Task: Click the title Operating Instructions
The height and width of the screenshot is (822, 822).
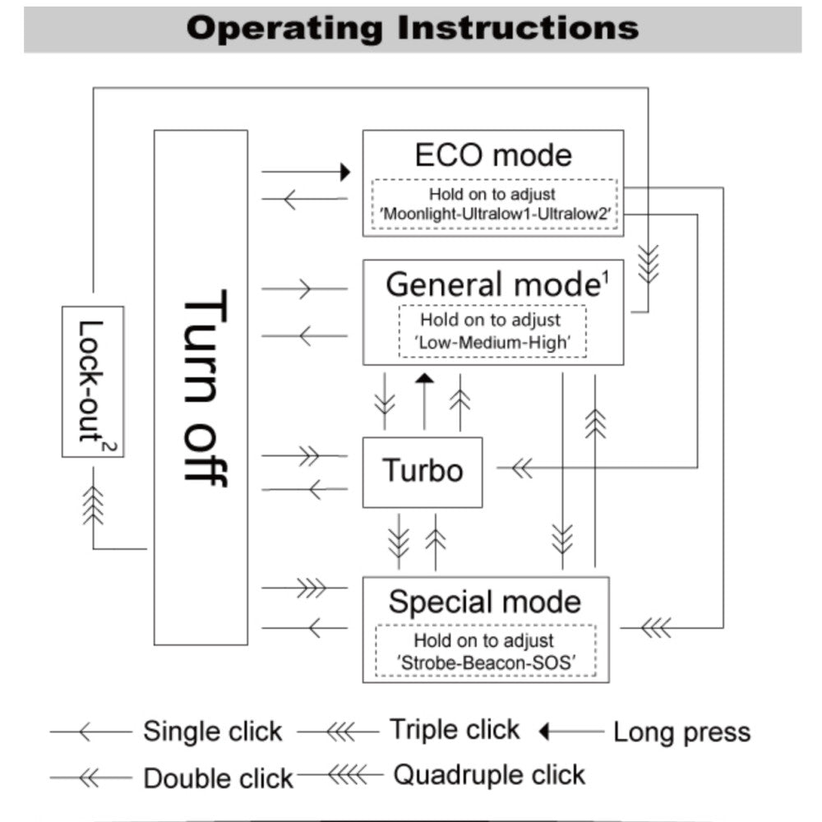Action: click(x=412, y=28)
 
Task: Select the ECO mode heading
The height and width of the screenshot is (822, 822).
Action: click(x=493, y=155)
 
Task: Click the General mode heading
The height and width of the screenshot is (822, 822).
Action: click(x=491, y=284)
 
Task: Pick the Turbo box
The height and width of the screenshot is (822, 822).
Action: click(x=423, y=471)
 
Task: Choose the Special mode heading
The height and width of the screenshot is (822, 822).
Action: click(x=485, y=602)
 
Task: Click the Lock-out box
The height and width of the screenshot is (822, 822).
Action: click(x=92, y=381)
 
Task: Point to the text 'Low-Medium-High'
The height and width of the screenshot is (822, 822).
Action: click(x=492, y=342)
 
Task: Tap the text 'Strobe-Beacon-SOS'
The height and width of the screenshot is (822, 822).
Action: click(x=484, y=662)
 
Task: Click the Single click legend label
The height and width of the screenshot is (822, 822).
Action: click(x=213, y=731)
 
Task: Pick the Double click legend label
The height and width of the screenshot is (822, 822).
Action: click(x=219, y=778)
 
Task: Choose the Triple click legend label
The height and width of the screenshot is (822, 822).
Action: click(x=455, y=729)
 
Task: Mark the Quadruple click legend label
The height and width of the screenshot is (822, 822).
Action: click(x=490, y=774)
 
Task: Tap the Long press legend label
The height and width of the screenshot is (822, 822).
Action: click(x=681, y=732)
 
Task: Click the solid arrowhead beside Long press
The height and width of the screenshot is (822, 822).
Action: click(x=543, y=731)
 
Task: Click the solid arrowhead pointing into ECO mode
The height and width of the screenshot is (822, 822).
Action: click(x=346, y=172)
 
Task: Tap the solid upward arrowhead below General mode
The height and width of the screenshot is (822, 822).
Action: click(x=424, y=378)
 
